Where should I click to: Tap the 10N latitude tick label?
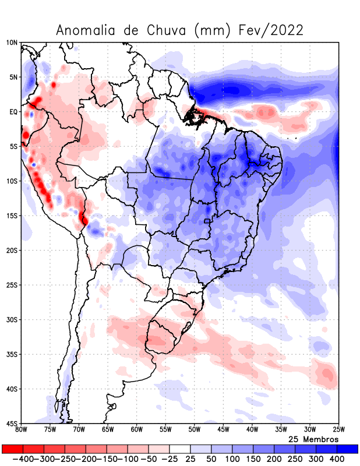click(12, 43)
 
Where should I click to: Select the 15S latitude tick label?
click(12, 216)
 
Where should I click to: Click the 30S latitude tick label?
click(12, 320)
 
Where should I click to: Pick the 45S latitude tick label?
click(12, 423)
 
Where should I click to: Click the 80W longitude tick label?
click(22, 430)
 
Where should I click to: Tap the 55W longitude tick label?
click(165, 430)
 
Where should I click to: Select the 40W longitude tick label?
click(252, 430)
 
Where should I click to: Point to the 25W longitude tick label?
click(338, 430)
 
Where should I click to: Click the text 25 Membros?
click(313, 439)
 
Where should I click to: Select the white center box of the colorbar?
click(180, 449)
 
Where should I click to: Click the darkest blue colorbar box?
click(347, 449)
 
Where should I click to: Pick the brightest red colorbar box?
click(12, 449)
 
